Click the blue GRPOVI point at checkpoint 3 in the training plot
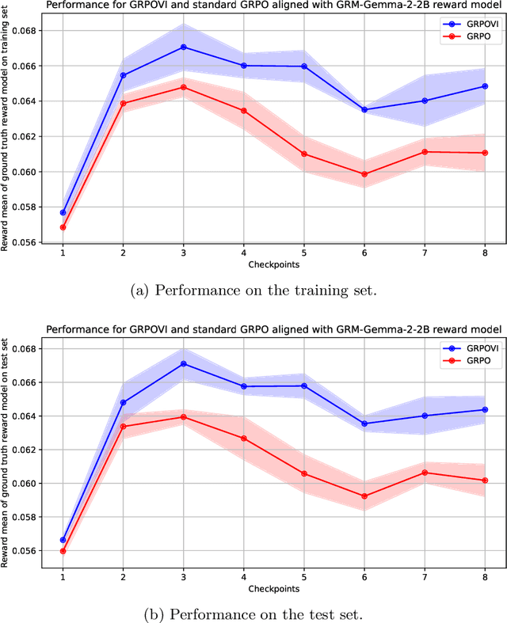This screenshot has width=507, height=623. click(x=183, y=47)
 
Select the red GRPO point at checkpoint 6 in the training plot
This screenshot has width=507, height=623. click(x=364, y=174)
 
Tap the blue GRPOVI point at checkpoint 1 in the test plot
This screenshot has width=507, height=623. click(x=63, y=540)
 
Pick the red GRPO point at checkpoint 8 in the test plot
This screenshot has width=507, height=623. click(x=485, y=480)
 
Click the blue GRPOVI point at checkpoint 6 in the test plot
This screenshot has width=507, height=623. click(x=364, y=424)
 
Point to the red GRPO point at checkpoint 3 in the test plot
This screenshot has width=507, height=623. click(x=183, y=416)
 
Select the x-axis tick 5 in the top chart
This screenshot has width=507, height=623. click(x=303, y=253)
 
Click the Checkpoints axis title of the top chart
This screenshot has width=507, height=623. click(x=273, y=264)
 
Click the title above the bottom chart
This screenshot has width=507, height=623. click(x=273, y=329)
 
